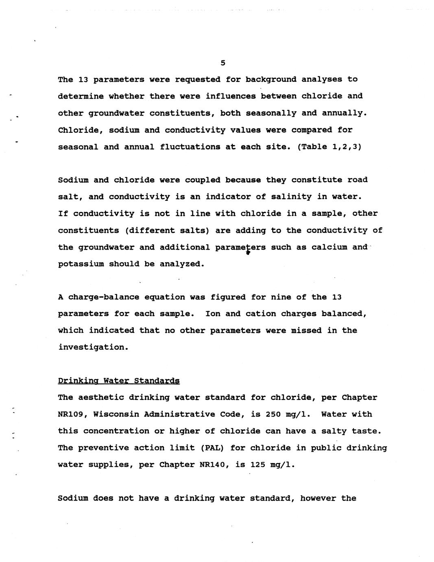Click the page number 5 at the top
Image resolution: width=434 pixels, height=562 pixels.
click(222, 63)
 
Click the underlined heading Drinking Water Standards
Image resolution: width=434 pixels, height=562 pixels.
click(118, 381)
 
